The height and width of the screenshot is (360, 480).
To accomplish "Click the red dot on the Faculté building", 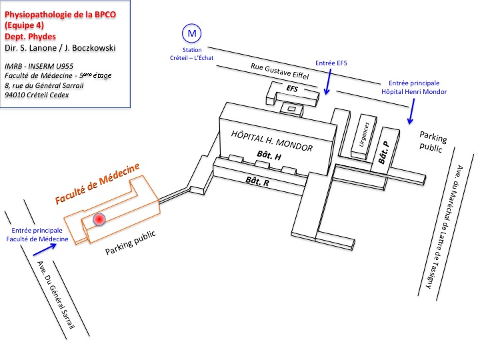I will tap(99, 219).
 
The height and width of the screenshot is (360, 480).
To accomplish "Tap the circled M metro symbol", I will tap(193, 32).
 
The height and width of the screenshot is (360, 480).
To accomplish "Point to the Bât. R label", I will tap(257, 181).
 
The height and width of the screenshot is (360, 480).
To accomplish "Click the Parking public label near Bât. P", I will tap(433, 141).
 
